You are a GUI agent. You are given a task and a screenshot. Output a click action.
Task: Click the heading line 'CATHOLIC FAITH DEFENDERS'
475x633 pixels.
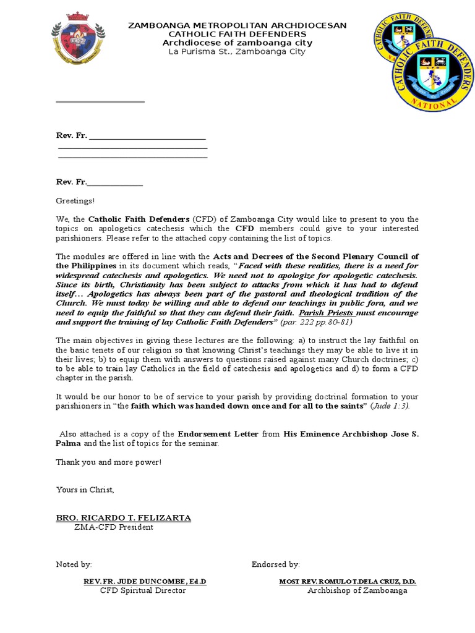pos(237,33)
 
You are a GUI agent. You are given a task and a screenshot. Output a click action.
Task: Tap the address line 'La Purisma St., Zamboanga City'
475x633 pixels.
pos(237,51)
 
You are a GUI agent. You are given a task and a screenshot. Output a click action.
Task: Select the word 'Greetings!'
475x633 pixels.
pos(76,201)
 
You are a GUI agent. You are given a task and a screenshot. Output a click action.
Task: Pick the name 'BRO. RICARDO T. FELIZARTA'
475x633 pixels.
pos(124,517)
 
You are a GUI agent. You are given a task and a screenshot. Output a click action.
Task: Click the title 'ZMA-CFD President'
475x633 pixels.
pos(113,527)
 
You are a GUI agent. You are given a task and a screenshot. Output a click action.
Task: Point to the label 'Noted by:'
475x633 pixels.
pos(74,564)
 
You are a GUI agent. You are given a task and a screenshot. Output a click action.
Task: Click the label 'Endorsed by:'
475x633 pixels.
pos(276,564)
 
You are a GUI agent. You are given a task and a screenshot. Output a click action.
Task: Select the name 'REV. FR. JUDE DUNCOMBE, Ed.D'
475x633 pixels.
pos(145,582)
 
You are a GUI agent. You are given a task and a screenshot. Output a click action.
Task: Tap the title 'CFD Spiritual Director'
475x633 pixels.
pos(143,590)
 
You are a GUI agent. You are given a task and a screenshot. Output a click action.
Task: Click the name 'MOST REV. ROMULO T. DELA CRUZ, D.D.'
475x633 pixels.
pos(348,582)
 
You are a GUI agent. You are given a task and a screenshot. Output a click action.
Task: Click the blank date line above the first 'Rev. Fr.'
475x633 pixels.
pos(100,101)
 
